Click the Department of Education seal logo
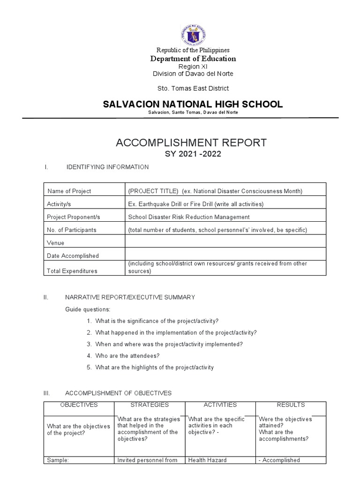tap(193, 35)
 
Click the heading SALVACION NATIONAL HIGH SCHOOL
tap(193, 104)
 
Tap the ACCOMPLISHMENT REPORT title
tap(191, 142)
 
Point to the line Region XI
tap(193, 67)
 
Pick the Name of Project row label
tap(69, 191)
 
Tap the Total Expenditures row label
tap(72, 271)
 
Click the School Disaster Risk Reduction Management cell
tap(188, 217)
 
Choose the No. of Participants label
tap(71, 230)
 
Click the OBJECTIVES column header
tap(79, 405)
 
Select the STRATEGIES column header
tap(150, 405)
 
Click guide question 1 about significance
tap(157, 321)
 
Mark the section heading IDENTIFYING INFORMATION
tap(107, 167)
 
